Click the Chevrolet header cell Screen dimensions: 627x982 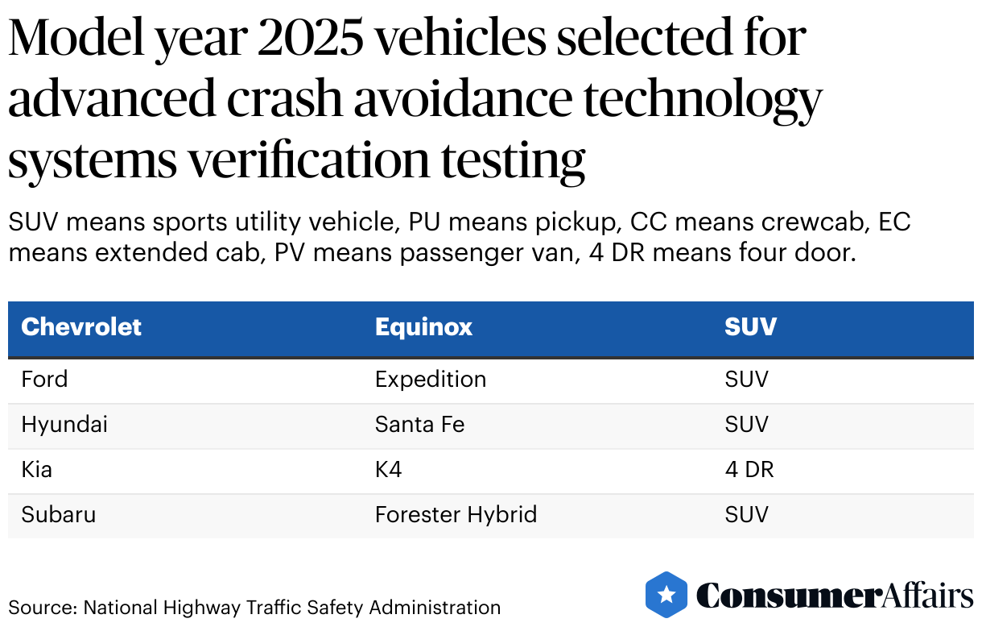point(81,326)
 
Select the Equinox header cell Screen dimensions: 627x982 point(423,326)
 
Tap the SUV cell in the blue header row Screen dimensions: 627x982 point(750,326)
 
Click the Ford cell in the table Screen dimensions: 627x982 point(44,380)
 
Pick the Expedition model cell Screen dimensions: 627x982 point(431,380)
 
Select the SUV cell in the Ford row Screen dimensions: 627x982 point(746,380)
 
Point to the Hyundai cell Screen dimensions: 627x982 point(64,425)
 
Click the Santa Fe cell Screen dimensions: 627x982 point(419,425)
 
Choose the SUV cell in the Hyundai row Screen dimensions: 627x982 point(746,425)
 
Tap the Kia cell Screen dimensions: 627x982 point(36,470)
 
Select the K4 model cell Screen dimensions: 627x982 point(388,470)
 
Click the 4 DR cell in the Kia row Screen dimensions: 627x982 point(749,470)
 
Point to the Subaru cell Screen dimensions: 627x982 point(58,515)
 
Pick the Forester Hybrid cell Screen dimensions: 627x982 point(456,515)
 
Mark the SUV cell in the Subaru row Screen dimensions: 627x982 point(746,515)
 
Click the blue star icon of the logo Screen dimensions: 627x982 point(666,595)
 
